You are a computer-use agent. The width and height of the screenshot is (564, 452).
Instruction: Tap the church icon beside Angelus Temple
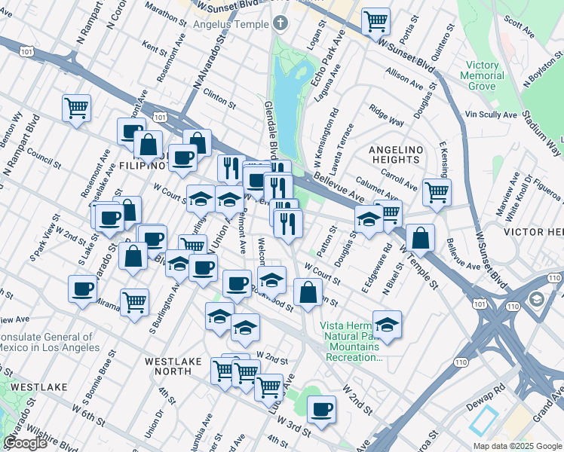point(280,23)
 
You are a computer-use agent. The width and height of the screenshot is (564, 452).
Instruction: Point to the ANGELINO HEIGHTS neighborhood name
point(394,154)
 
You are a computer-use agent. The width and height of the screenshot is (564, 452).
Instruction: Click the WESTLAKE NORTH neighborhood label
point(173,366)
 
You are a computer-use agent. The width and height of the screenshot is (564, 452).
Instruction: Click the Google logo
point(26,443)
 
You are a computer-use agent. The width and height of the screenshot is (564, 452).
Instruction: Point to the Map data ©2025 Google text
point(517,446)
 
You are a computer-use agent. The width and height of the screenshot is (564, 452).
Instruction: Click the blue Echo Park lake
point(287,94)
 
